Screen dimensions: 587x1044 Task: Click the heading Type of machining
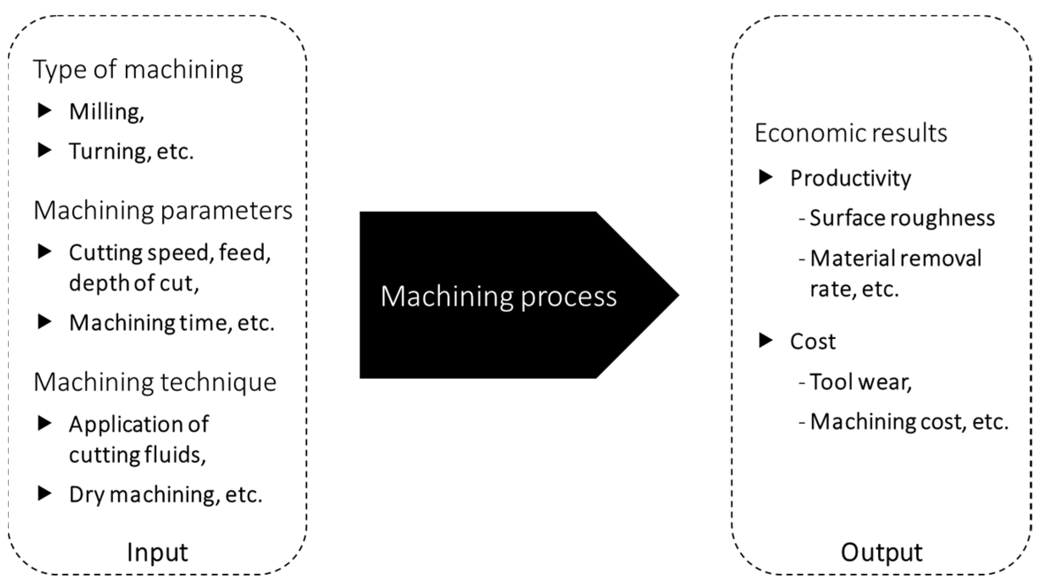(x=138, y=70)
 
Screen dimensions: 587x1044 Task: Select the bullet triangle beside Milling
(x=44, y=111)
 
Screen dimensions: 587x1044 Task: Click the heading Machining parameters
(x=163, y=211)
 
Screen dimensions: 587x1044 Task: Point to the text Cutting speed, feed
(x=169, y=253)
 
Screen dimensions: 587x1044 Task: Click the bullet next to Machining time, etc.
(x=44, y=322)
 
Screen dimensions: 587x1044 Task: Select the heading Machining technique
(x=155, y=382)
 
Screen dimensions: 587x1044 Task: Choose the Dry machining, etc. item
(x=165, y=495)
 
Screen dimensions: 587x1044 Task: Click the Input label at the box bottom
(x=157, y=552)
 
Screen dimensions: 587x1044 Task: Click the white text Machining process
(x=498, y=296)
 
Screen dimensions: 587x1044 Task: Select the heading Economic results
(x=850, y=133)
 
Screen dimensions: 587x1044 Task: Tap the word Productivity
(x=850, y=178)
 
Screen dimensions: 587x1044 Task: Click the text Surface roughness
(x=902, y=218)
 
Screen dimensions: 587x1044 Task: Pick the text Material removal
(x=895, y=259)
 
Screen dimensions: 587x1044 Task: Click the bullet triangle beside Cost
(x=765, y=340)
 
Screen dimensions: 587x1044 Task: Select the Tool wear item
(x=860, y=382)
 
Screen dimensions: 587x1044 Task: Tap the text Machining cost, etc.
(x=908, y=422)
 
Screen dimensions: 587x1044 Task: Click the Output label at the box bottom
(x=881, y=552)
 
